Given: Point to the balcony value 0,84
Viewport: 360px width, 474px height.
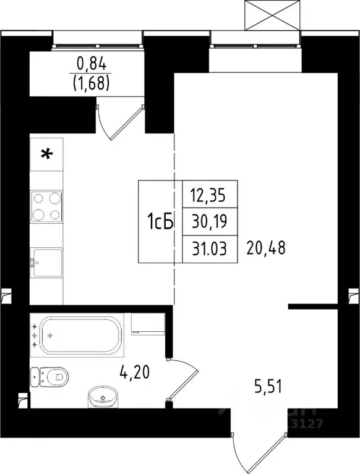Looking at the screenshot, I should click(92, 62).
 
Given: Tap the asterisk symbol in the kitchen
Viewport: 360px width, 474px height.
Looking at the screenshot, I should click(46, 154).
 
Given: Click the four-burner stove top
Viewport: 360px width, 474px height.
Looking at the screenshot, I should click(47, 206).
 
